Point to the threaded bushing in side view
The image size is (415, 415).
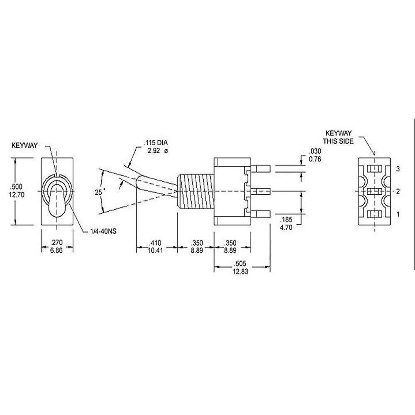195,191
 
